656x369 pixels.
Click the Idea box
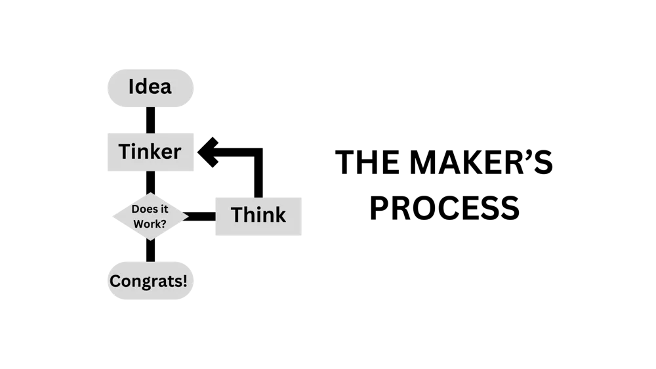click(150, 88)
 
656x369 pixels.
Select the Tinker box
click(150, 152)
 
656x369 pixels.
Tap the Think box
click(259, 215)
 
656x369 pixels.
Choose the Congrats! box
click(150, 281)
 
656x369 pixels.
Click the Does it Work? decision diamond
click(150, 216)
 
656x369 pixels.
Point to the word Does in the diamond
click(144, 209)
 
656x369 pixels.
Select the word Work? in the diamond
click(150, 223)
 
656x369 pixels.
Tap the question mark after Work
click(163, 223)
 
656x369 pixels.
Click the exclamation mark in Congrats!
click(185, 281)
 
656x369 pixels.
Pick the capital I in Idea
click(131, 87)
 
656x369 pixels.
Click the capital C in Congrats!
click(115, 281)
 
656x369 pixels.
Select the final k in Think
click(281, 215)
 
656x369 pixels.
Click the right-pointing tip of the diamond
click(188, 216)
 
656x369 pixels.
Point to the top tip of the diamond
click(151, 193)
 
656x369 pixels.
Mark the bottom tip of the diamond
click(150, 240)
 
